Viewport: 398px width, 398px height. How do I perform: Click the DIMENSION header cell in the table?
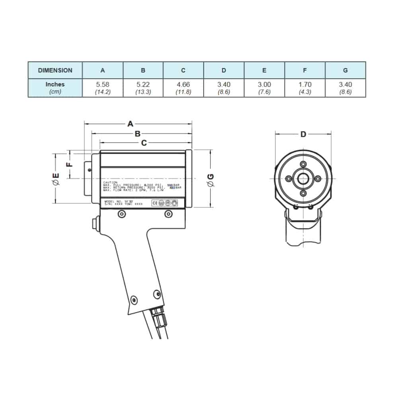55,70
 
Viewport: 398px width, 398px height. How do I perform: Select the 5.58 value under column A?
103,84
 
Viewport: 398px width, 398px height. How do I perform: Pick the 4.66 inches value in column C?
183,84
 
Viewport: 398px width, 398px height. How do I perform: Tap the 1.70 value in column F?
305,84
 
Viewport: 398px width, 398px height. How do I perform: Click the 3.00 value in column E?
264,84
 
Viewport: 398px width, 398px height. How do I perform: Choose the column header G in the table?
345,70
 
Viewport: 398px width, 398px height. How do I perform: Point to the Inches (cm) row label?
55,88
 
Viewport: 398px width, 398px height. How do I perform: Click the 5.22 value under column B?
143,84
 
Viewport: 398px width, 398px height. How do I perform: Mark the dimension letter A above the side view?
130,124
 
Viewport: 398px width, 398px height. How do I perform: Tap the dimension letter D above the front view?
303,134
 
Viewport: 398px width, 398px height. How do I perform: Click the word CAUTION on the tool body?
110,182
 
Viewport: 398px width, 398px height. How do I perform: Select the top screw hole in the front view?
303,164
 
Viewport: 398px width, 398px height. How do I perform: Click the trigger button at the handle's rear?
94,224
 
